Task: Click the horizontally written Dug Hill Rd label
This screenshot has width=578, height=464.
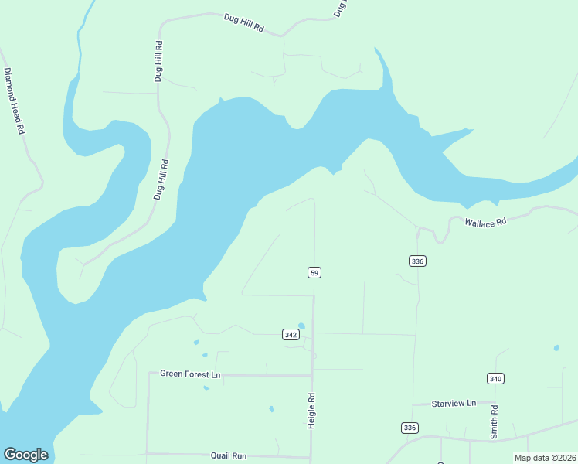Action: coord(243,22)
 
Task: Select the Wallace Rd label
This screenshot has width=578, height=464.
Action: coord(484,222)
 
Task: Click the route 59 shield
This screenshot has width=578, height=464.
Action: coord(314,272)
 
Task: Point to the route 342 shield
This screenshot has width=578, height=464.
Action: coord(291,334)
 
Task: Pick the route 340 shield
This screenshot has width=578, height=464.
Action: coord(495,378)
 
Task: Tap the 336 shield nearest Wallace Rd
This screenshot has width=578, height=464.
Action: coord(417,261)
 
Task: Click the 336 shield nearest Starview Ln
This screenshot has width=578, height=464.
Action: coord(410,428)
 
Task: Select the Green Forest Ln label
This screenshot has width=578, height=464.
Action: coord(190,374)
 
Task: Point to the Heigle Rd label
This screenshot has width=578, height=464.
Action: coord(311,411)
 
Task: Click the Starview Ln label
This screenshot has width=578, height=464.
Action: coord(454,404)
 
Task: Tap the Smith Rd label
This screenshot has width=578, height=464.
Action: coord(494,422)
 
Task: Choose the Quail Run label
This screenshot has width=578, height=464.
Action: coord(229,456)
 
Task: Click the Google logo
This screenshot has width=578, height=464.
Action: coord(25,455)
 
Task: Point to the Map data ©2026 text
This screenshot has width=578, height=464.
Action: coord(544,458)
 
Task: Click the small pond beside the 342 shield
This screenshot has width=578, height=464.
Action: coord(301,326)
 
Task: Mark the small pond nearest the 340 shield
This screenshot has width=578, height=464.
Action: coord(556,348)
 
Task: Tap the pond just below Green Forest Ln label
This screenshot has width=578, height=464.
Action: coord(206,387)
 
